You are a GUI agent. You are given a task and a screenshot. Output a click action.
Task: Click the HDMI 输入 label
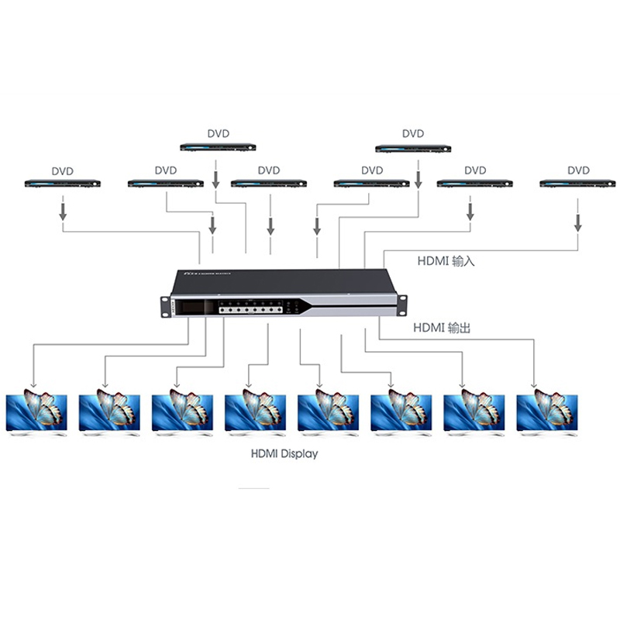coord(446,262)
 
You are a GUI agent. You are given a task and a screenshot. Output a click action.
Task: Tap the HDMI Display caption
coord(284,454)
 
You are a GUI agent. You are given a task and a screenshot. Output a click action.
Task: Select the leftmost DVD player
coord(62,184)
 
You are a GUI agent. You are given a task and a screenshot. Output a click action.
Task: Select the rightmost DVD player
coord(578,184)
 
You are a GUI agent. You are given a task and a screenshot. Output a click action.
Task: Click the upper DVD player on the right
coord(413,146)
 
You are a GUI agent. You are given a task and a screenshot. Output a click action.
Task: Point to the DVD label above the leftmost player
coord(62,170)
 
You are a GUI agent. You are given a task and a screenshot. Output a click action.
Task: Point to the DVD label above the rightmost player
coord(578,170)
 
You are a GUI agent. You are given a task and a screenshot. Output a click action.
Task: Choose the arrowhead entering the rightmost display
coord(534,384)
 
